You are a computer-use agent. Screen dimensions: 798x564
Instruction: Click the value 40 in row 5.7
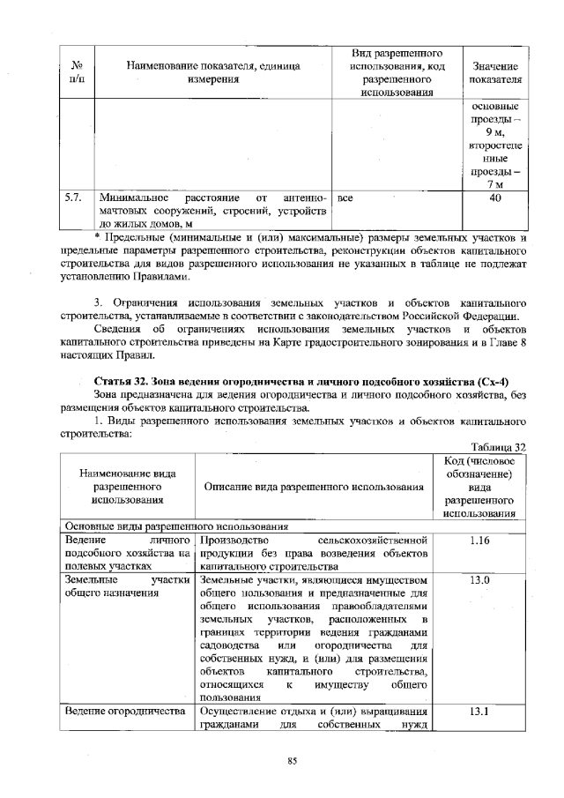point(494,199)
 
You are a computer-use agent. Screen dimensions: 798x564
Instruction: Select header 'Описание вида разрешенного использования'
point(314,488)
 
